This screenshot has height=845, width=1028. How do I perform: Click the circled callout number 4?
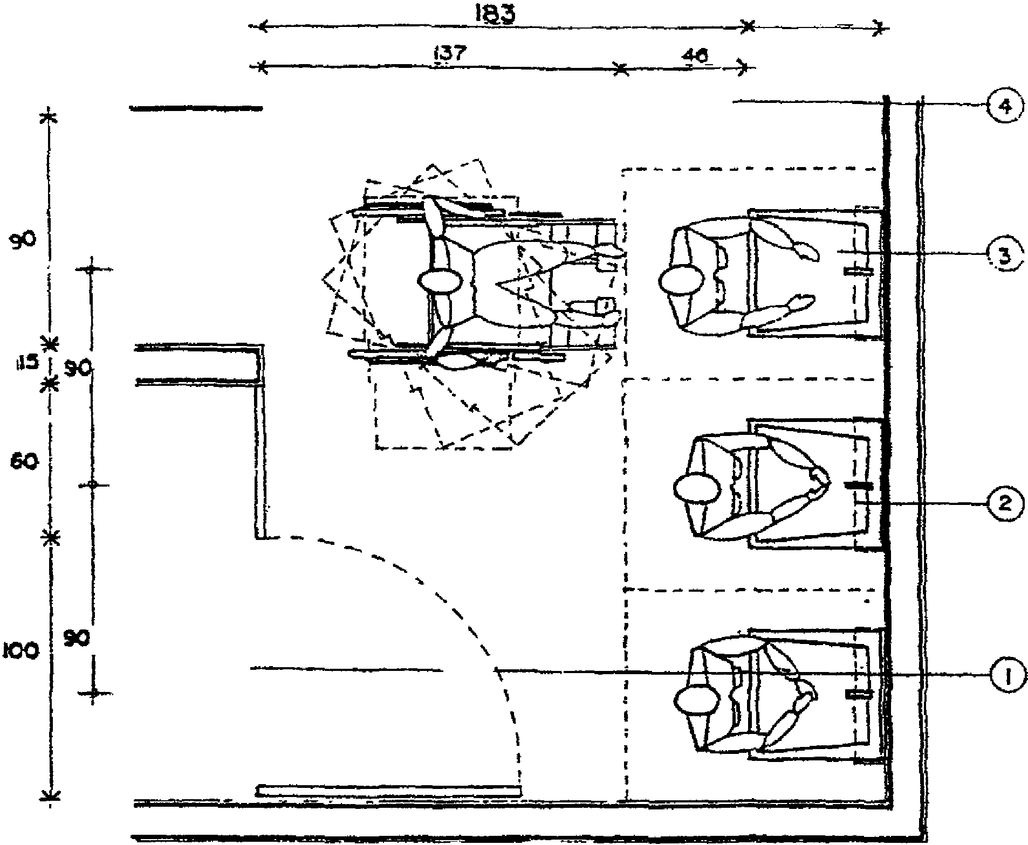1004,106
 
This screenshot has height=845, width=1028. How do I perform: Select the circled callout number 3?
1004,255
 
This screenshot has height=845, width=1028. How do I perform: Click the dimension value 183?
494,14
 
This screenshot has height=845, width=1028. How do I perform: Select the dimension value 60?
24,462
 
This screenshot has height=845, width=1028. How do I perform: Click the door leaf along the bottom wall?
389,791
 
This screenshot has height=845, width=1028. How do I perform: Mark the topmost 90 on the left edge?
22,239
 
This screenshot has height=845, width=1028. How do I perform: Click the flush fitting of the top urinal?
858,271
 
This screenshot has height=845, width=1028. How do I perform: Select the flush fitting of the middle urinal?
858,486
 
